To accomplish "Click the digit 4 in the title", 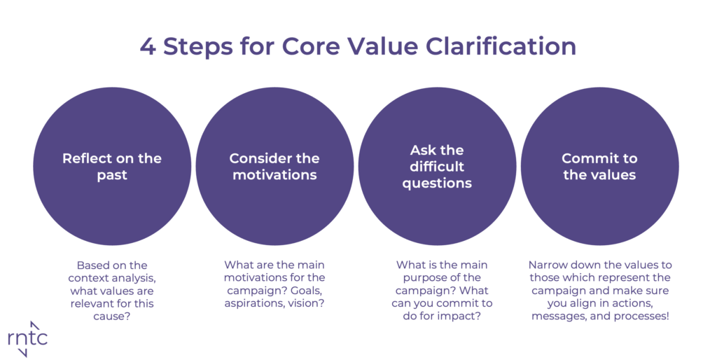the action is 148,46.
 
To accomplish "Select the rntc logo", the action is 27,338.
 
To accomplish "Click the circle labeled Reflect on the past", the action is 112,166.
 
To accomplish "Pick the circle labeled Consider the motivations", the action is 274,166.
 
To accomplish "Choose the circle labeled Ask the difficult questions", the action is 437,166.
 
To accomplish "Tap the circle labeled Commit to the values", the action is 599,166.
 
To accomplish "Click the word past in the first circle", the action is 112,176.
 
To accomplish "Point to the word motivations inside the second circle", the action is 274,174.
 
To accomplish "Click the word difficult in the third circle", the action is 437,166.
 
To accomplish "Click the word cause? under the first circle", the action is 112,316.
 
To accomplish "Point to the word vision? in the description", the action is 306,303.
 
